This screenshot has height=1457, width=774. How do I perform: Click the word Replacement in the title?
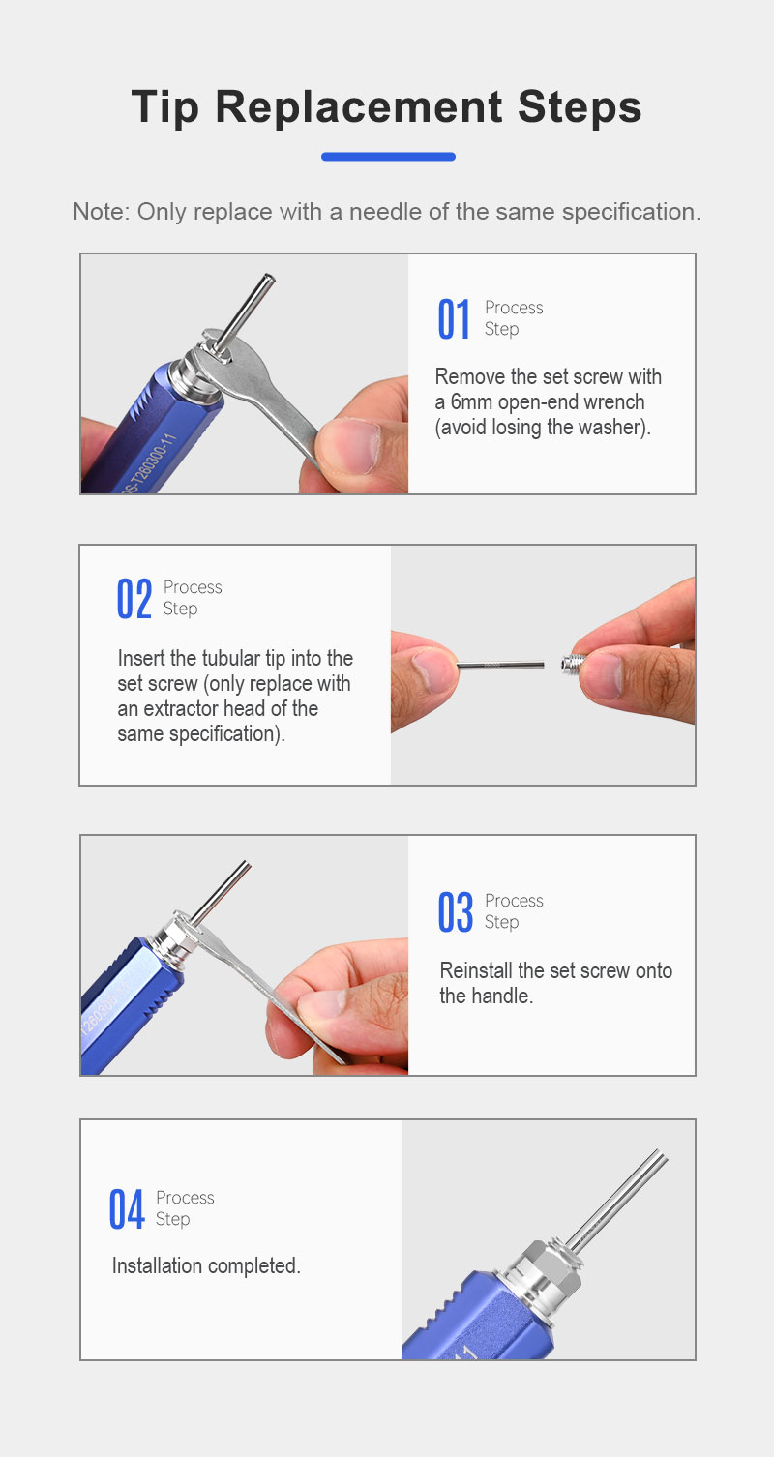click(x=358, y=106)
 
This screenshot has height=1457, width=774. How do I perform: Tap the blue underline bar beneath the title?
click(x=388, y=156)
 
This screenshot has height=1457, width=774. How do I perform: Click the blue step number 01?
click(x=454, y=318)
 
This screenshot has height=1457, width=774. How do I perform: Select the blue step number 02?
click(x=134, y=599)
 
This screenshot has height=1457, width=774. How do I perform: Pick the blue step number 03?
click(x=456, y=912)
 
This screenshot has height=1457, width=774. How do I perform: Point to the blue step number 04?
click(x=127, y=1209)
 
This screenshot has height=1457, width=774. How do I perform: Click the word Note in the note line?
click(x=101, y=212)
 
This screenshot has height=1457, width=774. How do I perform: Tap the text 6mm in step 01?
click(x=471, y=401)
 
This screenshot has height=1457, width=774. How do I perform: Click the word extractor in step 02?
click(x=182, y=708)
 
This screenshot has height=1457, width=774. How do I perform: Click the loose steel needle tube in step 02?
click(x=500, y=665)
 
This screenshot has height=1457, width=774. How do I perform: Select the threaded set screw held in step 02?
click(x=573, y=664)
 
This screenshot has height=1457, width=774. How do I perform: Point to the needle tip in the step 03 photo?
click(x=245, y=865)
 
